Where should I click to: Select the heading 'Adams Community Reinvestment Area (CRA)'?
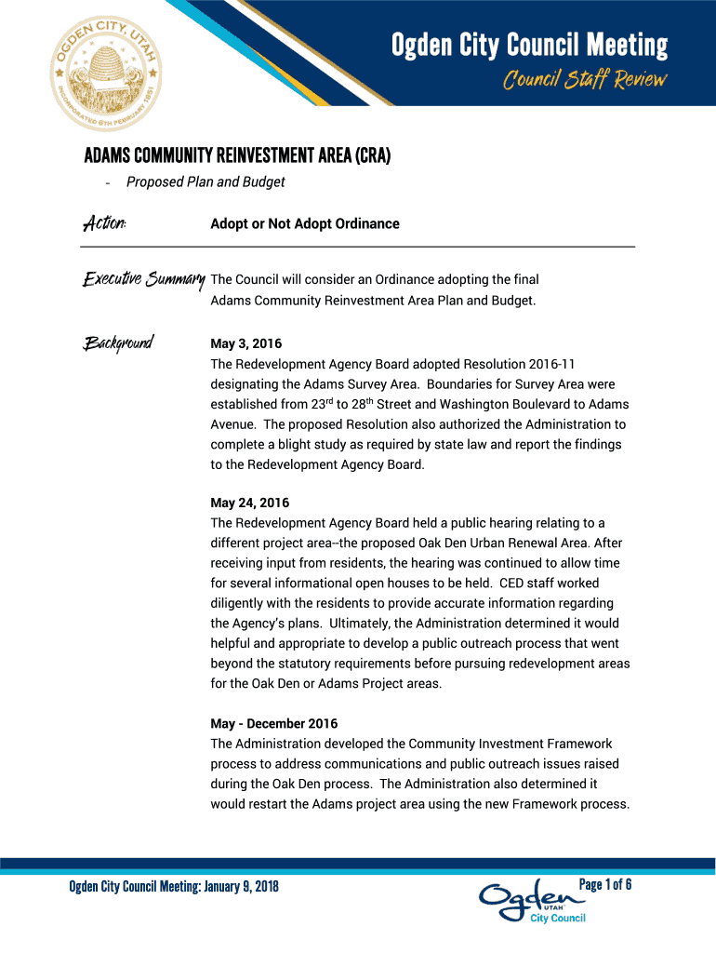click(237, 156)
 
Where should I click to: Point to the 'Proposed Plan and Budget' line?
click(206, 182)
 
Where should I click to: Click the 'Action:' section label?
click(105, 223)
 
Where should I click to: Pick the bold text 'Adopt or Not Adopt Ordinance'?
click(305, 223)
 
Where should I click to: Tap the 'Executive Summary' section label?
click(144, 279)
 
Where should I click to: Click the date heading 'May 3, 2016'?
click(246, 343)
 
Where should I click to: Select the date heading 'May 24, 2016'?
click(250, 503)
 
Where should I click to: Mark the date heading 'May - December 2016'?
click(274, 723)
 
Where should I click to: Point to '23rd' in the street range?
click(322, 404)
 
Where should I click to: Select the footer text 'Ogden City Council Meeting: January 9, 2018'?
click(174, 885)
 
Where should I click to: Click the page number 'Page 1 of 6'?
click(605, 884)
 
